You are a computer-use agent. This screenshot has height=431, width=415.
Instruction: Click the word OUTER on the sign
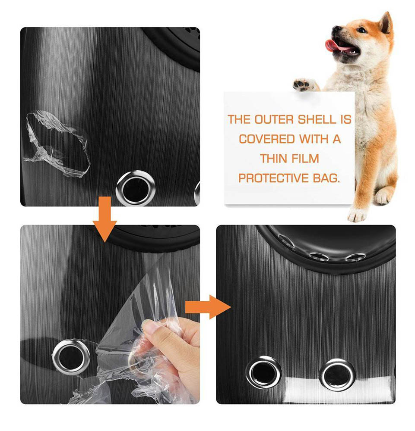(274, 119)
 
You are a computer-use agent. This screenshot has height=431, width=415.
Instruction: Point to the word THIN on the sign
(274, 159)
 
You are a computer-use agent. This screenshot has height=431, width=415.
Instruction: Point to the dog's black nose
(335, 29)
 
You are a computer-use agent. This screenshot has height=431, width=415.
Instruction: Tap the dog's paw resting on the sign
(304, 84)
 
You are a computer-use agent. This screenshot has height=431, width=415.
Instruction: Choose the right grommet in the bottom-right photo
(337, 373)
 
